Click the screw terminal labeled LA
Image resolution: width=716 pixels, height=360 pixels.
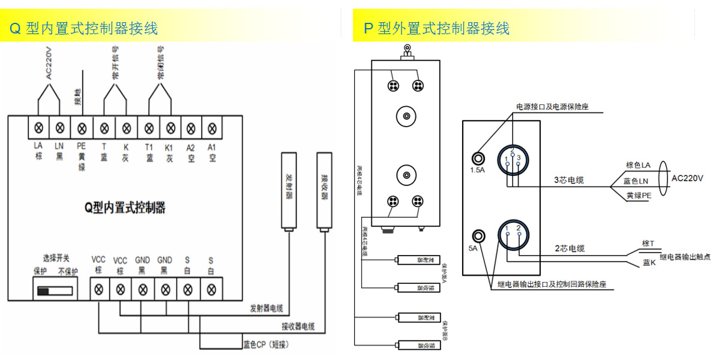(39, 128)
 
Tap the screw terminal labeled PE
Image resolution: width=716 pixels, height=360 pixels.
(82, 128)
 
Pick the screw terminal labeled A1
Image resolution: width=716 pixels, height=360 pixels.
(212, 128)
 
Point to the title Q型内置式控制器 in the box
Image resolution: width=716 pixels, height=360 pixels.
(125, 208)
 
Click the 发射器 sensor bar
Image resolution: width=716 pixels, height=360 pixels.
(289, 193)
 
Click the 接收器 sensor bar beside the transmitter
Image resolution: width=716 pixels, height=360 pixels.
(324, 193)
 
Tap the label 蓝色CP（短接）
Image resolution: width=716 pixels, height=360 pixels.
(266, 345)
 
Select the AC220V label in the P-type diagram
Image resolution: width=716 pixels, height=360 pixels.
(687, 179)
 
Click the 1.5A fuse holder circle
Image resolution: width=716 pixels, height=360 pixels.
(479, 158)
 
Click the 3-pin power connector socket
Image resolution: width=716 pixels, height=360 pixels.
(513, 161)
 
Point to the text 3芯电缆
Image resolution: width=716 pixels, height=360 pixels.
(569, 180)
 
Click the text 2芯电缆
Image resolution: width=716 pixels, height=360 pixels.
(569, 248)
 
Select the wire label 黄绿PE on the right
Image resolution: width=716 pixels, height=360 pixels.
(639, 195)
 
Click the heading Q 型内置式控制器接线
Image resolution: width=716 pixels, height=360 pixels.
(83, 28)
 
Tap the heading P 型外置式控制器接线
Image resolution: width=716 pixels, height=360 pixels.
(437, 28)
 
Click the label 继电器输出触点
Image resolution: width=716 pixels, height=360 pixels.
(685, 257)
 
